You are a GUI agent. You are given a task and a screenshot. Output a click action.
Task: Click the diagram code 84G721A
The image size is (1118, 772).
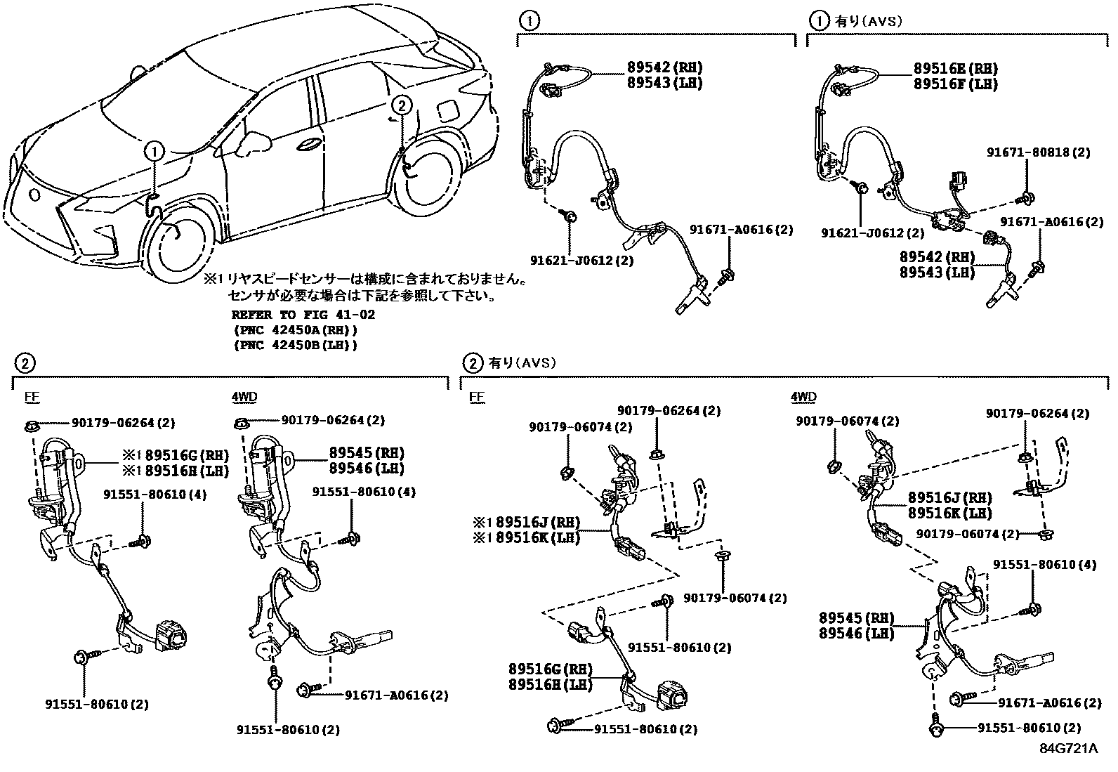pyautogui.click(x=1068, y=748)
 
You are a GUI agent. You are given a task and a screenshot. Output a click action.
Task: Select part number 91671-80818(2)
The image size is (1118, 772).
pyautogui.click(x=1039, y=152)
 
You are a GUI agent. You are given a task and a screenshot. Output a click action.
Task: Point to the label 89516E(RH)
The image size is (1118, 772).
pyautogui.click(x=955, y=69)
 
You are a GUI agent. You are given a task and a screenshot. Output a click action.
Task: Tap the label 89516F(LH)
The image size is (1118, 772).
pyautogui.click(x=955, y=84)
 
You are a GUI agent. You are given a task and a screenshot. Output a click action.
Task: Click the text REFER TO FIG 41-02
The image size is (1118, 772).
pyautogui.click(x=303, y=315)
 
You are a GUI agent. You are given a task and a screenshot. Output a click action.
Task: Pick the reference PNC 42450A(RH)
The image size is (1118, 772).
pyautogui.click(x=295, y=330)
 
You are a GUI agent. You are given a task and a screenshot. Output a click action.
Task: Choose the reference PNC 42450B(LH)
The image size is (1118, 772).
pyautogui.click(x=295, y=345)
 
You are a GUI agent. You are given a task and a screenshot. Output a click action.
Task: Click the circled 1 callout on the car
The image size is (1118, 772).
pyautogui.click(x=154, y=150)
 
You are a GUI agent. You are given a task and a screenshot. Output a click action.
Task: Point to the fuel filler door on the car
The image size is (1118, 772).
pyautogui.click(x=445, y=111)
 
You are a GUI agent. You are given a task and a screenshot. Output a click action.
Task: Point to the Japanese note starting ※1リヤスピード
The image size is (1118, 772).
pyautogui.click(x=365, y=280)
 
